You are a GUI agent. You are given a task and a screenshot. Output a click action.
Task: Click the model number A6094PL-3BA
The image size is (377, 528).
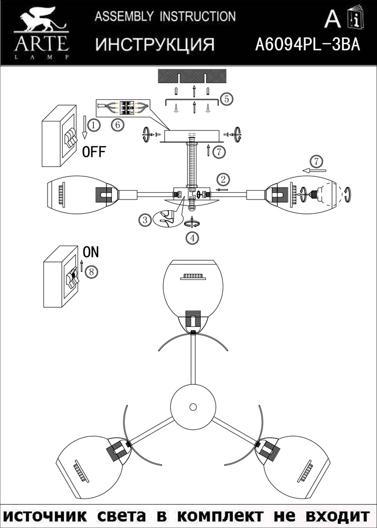(307, 44)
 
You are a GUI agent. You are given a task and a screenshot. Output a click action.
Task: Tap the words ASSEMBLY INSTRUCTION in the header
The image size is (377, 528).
(165, 16)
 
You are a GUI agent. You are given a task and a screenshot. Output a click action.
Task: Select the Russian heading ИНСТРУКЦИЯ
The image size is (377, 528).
(155, 44)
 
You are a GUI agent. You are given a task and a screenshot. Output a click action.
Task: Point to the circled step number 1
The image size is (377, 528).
(93, 125)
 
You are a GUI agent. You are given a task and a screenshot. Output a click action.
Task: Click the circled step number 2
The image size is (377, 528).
(224, 178)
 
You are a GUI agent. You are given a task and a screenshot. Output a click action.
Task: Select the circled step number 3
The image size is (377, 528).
(146, 220)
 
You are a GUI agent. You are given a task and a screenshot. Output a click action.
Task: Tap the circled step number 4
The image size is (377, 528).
(192, 238)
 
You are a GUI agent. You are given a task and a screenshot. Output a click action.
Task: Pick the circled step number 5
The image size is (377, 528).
(226, 99)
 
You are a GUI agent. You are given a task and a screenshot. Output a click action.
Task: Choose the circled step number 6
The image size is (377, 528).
(117, 125)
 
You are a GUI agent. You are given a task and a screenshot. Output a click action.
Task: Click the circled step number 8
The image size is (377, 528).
(91, 272)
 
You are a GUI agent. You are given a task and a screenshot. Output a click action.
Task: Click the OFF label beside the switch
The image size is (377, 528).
(94, 152)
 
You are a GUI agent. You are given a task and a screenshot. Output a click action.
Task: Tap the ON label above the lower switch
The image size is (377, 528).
(90, 251)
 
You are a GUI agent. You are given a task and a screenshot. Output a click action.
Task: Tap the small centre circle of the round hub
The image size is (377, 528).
(193, 407)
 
